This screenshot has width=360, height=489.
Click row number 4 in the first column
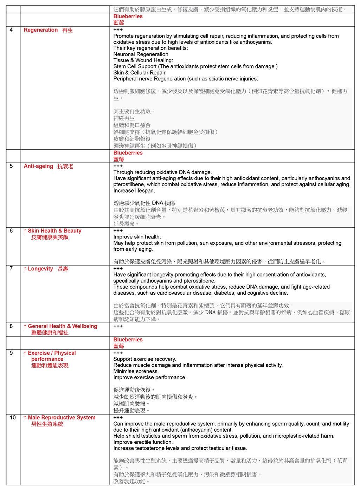(x=11, y=30)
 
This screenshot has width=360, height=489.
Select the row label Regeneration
(x=41, y=30)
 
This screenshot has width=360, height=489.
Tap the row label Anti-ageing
(x=39, y=166)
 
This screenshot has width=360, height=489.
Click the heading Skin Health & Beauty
(x=54, y=231)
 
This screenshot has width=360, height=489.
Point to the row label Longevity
(x=40, y=269)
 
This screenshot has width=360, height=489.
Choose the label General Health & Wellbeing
(x=63, y=326)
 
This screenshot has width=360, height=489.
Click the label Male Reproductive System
(x=62, y=418)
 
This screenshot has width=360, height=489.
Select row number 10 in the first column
(x=13, y=418)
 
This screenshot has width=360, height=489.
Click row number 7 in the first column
(x=11, y=269)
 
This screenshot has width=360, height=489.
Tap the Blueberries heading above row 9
(x=128, y=340)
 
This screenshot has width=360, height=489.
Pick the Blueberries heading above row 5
(x=128, y=153)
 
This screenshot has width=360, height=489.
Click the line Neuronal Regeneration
(x=141, y=54)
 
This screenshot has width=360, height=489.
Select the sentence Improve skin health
(x=137, y=237)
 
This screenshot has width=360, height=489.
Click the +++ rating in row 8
(x=118, y=326)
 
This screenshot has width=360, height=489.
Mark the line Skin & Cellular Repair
(x=139, y=73)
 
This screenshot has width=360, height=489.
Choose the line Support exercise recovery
(x=144, y=359)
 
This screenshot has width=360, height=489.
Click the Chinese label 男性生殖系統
(x=47, y=424)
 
